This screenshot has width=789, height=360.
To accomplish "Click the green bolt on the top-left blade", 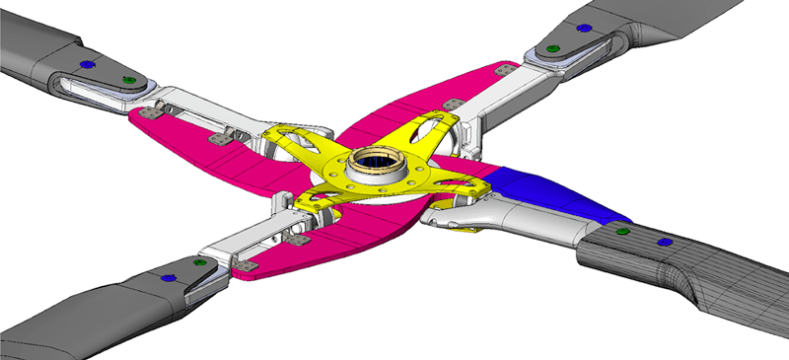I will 126,79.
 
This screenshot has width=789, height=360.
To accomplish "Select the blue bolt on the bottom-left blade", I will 168,279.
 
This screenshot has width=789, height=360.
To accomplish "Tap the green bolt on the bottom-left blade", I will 200,264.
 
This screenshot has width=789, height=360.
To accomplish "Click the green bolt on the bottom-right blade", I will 622,233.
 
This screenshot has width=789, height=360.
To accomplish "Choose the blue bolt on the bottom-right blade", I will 663,241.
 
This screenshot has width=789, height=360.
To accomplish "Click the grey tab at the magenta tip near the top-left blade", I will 151,112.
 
